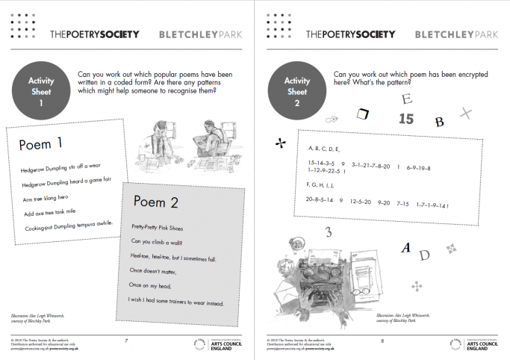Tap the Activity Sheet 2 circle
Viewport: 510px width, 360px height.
(x=297, y=87)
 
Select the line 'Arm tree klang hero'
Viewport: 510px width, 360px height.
(x=50, y=199)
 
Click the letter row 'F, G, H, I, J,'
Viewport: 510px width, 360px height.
(x=321, y=184)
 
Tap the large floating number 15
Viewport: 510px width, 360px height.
(x=405, y=119)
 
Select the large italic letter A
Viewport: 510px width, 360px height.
(x=405, y=248)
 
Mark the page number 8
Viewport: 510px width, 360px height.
(x=382, y=341)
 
